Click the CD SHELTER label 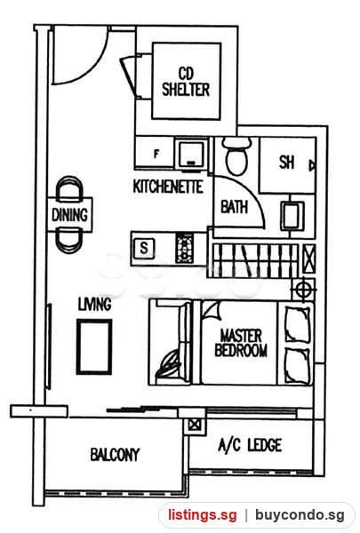pyautogui.click(x=186, y=82)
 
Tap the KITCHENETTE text pyautogui.click(x=168, y=187)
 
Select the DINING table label pyautogui.click(x=69, y=215)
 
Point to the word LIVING pyautogui.click(x=94, y=304)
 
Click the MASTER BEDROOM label pyautogui.click(x=241, y=343)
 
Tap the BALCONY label pyautogui.click(x=115, y=455)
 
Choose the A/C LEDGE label pyautogui.click(x=250, y=445)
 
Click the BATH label pyautogui.click(x=234, y=207)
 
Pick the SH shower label pyautogui.click(x=286, y=163)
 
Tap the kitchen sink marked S pyautogui.click(x=144, y=248)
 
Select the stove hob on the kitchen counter pyautogui.click(x=184, y=249)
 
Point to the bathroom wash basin pyautogui.click(x=292, y=216)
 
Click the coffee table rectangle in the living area pyautogui.click(x=94, y=346)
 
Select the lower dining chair pyautogui.click(x=69, y=242)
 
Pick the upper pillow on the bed pyautogui.click(x=297, y=324)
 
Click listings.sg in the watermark pyautogui.click(x=202, y=515)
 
